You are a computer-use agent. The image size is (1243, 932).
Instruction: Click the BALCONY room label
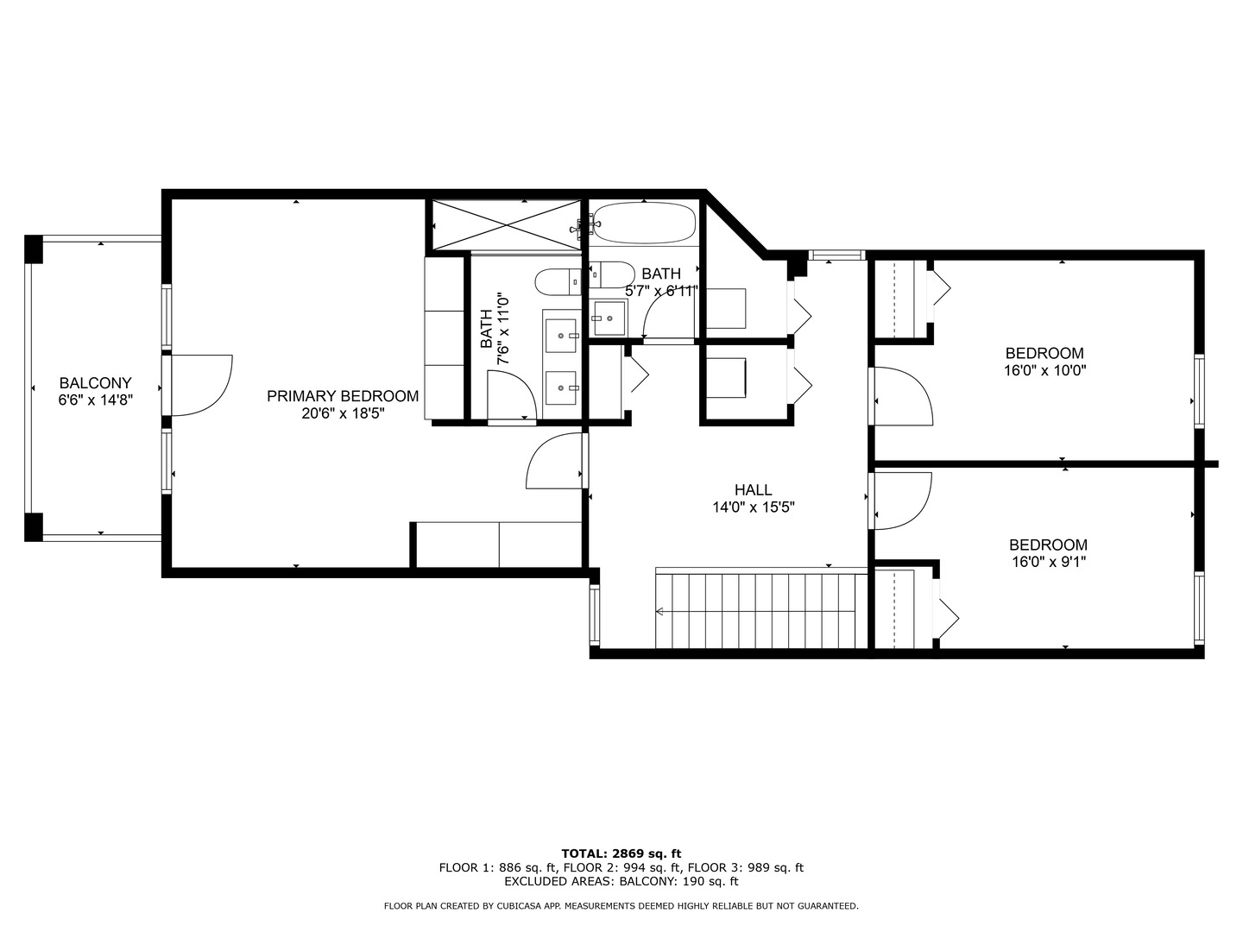pyautogui.click(x=95, y=383)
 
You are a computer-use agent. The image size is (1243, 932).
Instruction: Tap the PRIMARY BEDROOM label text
pyautogui.click(x=343, y=396)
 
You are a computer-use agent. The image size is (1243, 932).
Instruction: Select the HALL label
pyautogui.click(x=754, y=489)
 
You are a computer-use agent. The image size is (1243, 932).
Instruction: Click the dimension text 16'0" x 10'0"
pyautogui.click(x=1044, y=371)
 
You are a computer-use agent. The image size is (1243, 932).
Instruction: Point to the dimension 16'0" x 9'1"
pyautogui.click(x=1048, y=562)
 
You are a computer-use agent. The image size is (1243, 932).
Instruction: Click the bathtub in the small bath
pyautogui.click(x=644, y=223)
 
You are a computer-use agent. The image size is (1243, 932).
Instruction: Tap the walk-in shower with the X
pyautogui.click(x=507, y=224)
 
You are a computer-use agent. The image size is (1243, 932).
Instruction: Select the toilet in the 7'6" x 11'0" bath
pyautogui.click(x=558, y=282)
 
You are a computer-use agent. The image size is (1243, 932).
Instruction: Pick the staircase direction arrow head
pyautogui.click(x=659, y=611)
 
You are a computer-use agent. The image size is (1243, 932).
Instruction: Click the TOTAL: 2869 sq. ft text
pyautogui.click(x=621, y=853)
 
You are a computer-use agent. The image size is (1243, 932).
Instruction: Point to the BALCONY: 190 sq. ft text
pyautogui.click(x=679, y=881)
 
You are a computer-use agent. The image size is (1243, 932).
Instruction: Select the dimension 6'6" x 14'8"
pyautogui.click(x=95, y=400)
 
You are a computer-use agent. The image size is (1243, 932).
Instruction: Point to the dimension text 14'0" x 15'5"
pyautogui.click(x=754, y=507)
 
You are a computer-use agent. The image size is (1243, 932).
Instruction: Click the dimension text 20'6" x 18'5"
pyautogui.click(x=343, y=413)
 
